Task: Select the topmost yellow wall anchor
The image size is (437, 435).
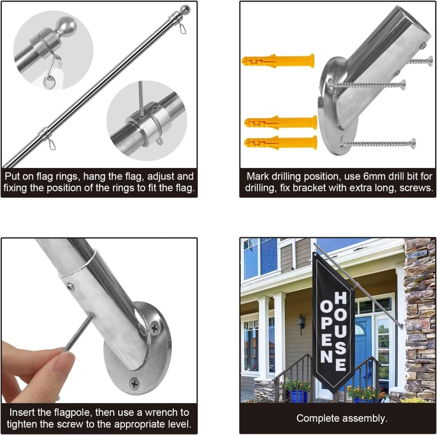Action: point(278,61)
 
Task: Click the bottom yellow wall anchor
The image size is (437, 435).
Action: point(281,142)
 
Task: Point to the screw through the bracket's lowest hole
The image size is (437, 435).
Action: point(378,143)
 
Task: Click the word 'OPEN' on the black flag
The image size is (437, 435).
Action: point(326,331)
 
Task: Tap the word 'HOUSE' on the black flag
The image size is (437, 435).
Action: point(341,331)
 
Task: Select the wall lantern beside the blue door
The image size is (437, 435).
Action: point(301,322)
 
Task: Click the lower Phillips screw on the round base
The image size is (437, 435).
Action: point(134,384)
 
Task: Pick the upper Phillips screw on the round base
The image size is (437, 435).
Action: point(154,328)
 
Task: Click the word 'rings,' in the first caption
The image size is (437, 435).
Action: point(66,177)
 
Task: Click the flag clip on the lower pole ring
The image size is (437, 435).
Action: point(52,145)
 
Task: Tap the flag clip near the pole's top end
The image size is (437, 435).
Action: point(182,29)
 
